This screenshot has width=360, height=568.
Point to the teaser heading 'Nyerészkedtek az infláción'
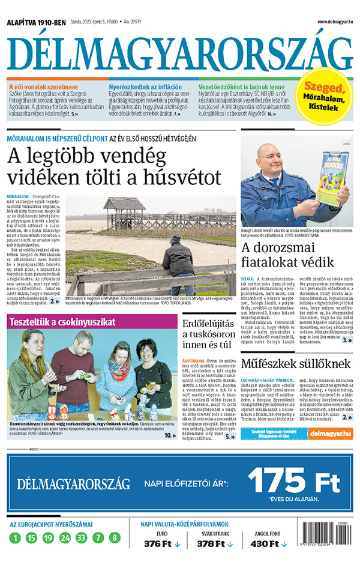click(x=141, y=86)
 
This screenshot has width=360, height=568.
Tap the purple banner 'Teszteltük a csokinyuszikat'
click(x=62, y=322)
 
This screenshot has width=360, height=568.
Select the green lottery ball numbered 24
click(x=65, y=538)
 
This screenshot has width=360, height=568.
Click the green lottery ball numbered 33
click(x=82, y=538)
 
